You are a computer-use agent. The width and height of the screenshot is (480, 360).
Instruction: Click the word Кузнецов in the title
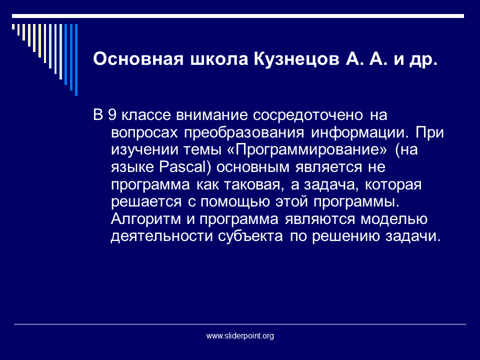[296, 59]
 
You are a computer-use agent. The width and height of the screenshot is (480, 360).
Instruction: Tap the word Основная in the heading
[138, 58]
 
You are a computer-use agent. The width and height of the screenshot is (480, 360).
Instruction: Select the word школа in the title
[219, 59]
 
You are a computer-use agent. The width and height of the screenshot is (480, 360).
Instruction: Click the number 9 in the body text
[112, 115]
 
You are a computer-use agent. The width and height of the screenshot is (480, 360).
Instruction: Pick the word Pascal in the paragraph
[183, 167]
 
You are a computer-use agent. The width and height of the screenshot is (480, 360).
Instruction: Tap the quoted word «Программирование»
[307, 150]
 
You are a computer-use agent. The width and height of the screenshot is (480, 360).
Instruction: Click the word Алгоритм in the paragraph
[145, 219]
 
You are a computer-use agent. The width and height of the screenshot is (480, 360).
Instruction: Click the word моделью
[393, 219]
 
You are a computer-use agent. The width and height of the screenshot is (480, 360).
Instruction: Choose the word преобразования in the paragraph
[244, 133]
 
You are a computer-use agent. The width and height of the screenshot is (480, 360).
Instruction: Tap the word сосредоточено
[308, 115]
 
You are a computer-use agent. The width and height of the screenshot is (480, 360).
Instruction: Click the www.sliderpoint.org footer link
[240, 336]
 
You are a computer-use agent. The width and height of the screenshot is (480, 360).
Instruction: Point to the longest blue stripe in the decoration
[76, 60]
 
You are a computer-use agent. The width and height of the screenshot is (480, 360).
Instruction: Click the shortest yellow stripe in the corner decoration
[13, 27]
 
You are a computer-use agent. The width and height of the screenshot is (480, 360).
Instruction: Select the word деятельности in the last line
[161, 236]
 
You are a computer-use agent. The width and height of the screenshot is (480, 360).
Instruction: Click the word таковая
[252, 185]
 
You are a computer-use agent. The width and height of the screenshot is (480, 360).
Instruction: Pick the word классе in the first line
[146, 115]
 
